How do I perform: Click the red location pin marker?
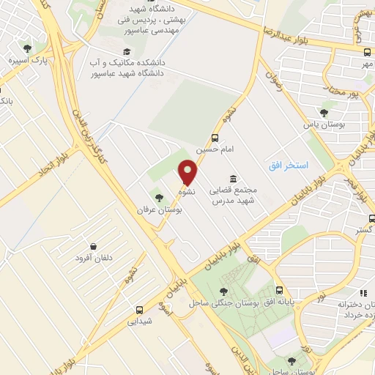188,172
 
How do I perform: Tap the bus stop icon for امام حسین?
215,138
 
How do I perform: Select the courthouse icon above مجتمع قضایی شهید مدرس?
233,179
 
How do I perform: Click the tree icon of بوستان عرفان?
158,197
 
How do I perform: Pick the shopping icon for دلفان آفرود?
94,247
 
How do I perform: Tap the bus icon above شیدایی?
139,309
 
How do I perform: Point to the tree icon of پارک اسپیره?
29,48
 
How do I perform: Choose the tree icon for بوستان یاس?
324,112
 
